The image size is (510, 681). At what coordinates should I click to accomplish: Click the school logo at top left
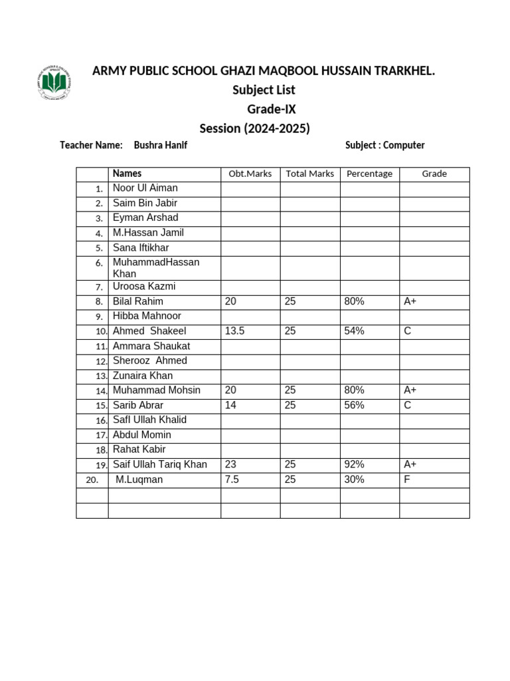coord(53,84)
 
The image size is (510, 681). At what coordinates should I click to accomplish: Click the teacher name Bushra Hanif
coord(160,145)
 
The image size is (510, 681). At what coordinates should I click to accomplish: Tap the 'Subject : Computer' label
coord(384,145)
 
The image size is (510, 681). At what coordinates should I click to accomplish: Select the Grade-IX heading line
coord(272,109)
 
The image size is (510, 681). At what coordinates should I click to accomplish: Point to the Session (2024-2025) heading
coord(255,128)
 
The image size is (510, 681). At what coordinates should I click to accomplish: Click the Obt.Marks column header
coord(250,174)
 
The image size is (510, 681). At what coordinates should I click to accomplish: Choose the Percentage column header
coord(369,174)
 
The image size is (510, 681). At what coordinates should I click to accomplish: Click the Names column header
coord(127,174)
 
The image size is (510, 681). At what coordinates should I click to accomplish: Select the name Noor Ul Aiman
coord(145,188)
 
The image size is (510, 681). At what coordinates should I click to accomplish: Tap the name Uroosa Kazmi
coord(144,287)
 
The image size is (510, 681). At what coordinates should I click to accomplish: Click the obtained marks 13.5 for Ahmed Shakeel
coord(235,331)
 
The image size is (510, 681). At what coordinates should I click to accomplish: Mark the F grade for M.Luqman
coord(407,479)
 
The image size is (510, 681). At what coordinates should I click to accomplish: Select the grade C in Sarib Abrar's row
coord(408,405)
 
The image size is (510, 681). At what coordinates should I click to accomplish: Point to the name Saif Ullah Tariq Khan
coord(159,464)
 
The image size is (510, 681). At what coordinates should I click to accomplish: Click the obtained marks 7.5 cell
coord(232,479)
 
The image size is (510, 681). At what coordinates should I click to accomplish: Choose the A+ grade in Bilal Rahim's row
coord(410,301)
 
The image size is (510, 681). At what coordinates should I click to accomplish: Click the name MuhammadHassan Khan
coord(155,268)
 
